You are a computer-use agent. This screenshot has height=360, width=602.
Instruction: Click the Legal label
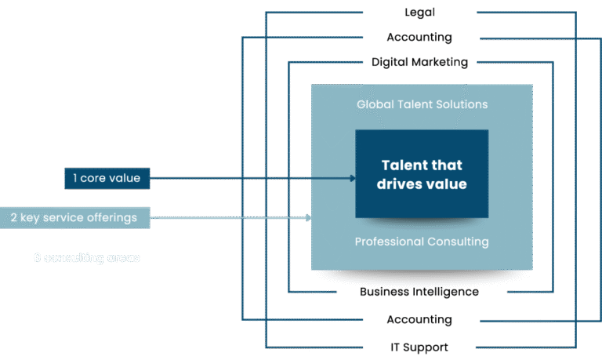click(419, 13)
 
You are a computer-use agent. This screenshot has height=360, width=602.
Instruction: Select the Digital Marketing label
click(419, 62)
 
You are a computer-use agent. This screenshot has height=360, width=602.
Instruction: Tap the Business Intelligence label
click(419, 292)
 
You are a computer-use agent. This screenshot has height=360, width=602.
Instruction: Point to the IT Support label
click(419, 347)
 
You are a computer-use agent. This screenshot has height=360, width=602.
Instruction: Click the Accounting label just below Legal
click(419, 38)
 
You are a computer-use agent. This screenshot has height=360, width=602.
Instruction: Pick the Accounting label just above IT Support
click(419, 320)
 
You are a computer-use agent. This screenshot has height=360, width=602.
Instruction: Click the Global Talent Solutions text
click(422, 104)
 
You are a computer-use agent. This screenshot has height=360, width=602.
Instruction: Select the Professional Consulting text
click(422, 242)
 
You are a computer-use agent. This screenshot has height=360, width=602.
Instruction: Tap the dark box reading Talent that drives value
click(422, 174)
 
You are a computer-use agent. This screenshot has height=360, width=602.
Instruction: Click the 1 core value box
click(107, 178)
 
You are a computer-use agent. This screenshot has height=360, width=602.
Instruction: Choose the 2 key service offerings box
click(74, 217)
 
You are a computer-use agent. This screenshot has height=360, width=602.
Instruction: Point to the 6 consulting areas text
click(87, 257)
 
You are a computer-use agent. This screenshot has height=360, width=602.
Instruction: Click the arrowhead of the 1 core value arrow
click(353, 178)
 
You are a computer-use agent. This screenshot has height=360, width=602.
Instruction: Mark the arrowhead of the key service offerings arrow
click(308, 217)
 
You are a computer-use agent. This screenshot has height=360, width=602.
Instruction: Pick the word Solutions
click(462, 104)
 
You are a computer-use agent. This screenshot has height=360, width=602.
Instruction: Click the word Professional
click(387, 242)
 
